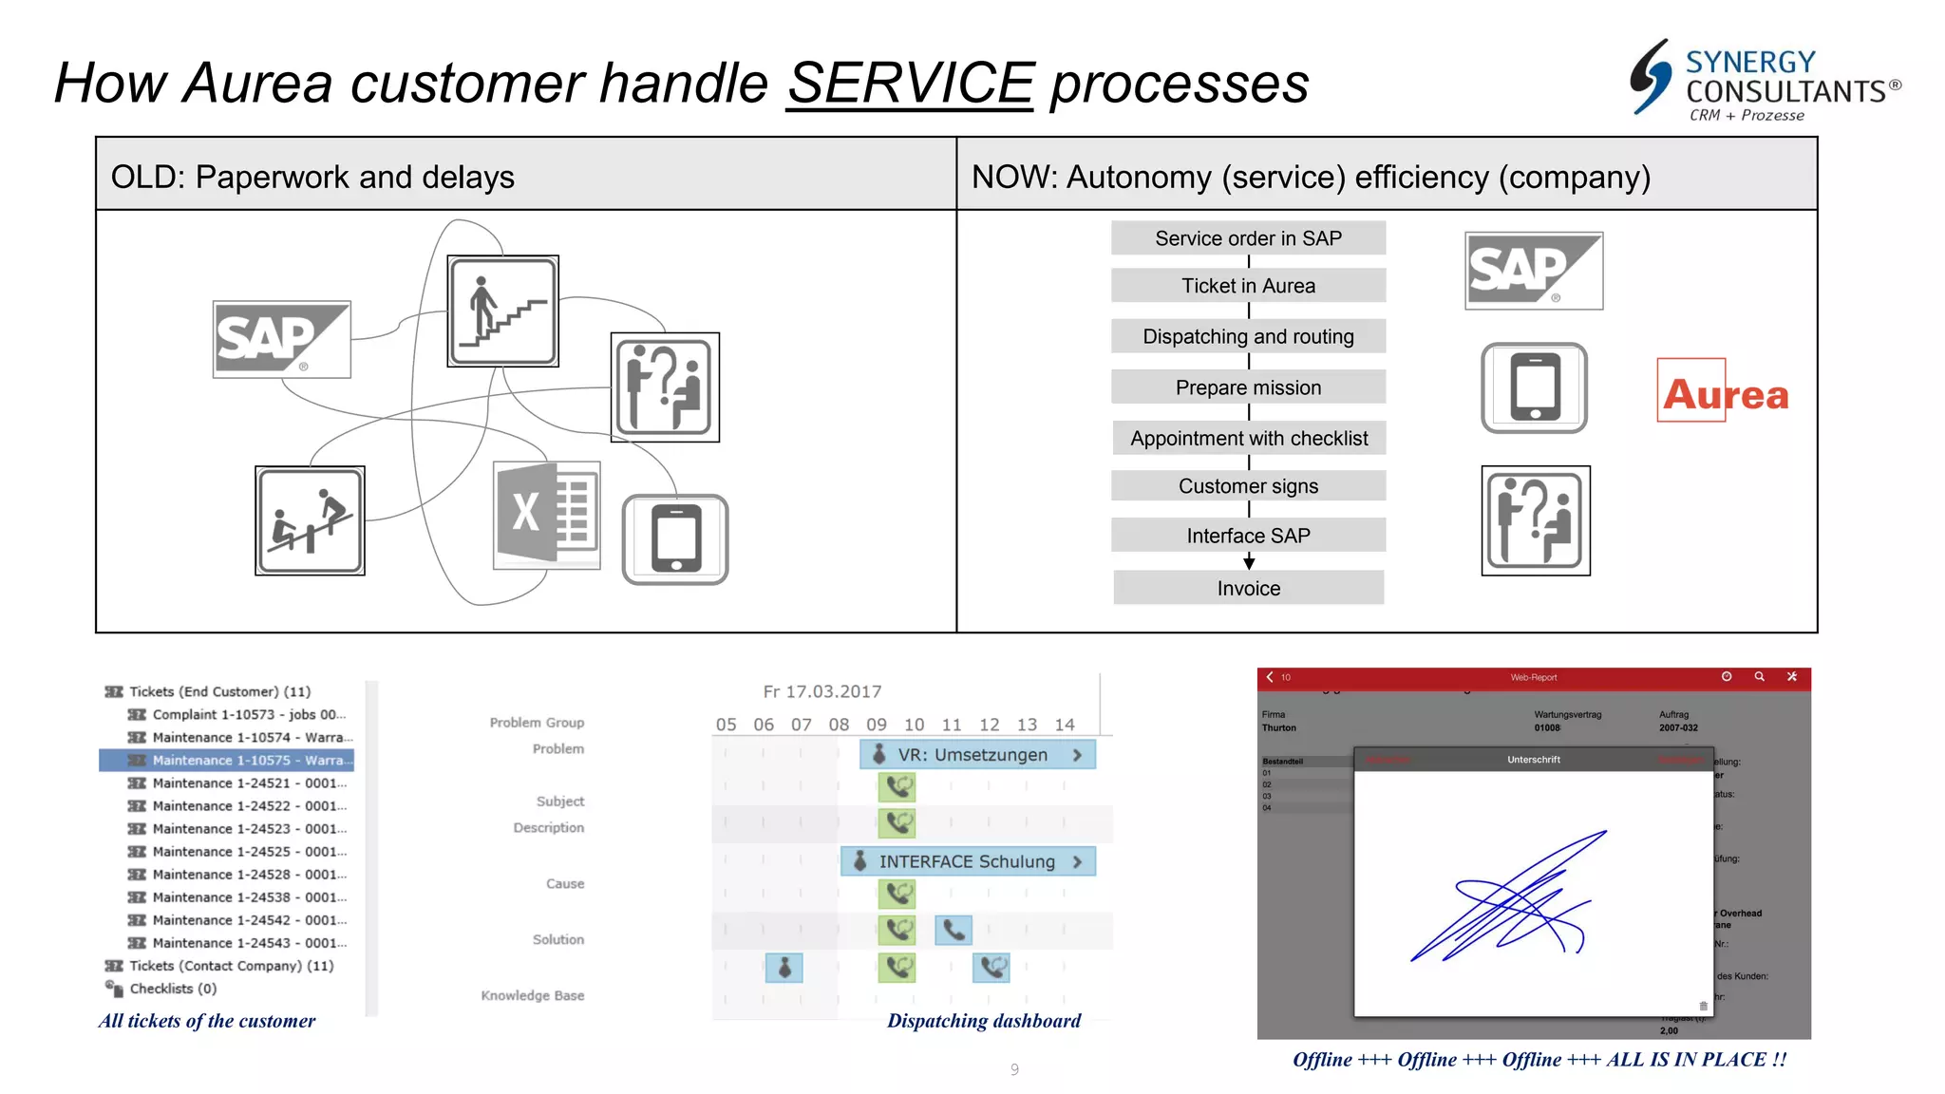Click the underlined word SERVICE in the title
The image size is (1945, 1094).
[910, 84]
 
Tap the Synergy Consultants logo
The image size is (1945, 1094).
[1765, 82]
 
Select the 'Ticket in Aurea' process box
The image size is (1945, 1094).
[1248, 286]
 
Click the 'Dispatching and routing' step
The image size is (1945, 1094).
[1248, 336]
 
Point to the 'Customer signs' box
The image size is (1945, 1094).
[1248, 486]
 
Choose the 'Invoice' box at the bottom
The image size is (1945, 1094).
[1248, 589]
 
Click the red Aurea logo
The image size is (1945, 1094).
[1725, 392]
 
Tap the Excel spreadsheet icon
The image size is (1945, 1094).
[546, 515]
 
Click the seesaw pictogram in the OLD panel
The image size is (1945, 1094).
[310, 520]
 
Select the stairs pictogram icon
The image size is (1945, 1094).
[502, 311]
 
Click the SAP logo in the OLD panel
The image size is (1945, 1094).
[281, 339]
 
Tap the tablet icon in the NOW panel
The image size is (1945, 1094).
[1534, 387]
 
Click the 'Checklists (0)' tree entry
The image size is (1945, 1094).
[172, 989]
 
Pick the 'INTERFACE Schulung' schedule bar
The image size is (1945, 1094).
[967, 861]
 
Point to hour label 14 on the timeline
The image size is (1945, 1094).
[1065, 725]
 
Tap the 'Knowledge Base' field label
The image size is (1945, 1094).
[532, 995]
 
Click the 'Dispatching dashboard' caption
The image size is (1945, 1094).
[983, 1021]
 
